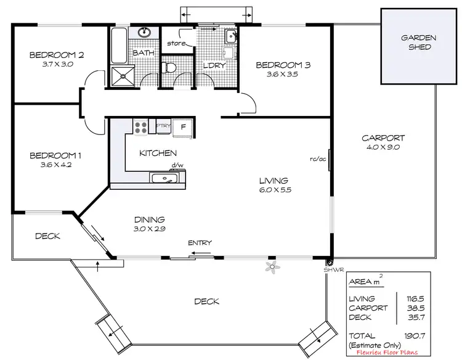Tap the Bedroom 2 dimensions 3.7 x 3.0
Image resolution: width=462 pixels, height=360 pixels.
pyautogui.click(x=56, y=64)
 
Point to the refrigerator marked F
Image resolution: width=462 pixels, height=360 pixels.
pyautogui.click(x=182, y=127)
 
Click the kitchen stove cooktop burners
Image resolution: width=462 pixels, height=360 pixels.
pyautogui.click(x=141, y=127)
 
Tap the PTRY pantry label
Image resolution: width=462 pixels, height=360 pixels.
pyautogui.click(x=163, y=126)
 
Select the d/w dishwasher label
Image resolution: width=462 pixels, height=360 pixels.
pyautogui.click(x=177, y=166)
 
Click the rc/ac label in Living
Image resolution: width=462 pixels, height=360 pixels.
pyautogui.click(x=318, y=158)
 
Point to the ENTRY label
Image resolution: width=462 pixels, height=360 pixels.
pyautogui.click(x=200, y=243)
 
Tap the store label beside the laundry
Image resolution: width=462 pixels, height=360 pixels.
pyautogui.click(x=177, y=43)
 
